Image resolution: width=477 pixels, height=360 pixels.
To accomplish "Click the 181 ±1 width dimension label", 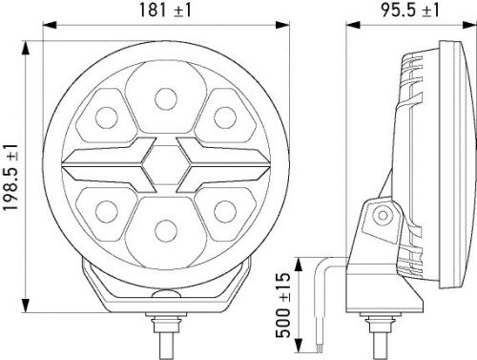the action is point(165,11).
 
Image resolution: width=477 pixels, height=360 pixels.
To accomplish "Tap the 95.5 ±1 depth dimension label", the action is point(410,11).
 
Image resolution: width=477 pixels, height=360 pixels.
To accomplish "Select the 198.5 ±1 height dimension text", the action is point(10,177).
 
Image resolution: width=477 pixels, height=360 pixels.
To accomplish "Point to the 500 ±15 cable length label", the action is point(283,305).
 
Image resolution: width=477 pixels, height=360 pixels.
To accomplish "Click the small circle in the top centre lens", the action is point(166,98).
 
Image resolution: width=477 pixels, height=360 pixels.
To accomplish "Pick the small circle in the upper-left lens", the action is point(107,118).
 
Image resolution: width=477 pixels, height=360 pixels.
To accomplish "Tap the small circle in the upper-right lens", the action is point(225,118).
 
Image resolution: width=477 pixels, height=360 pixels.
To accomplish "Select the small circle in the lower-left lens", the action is point(107,212).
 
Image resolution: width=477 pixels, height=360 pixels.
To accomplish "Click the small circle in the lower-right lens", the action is point(225,212).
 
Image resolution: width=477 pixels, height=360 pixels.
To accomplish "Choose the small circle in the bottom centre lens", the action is point(166,231).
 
